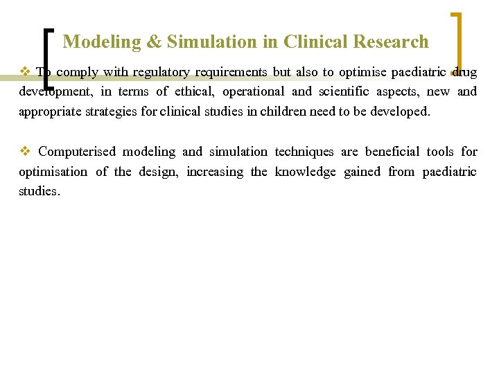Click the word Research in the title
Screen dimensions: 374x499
[x=391, y=42]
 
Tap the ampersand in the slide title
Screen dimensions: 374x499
[x=152, y=42]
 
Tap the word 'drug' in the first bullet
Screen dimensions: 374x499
[x=464, y=72]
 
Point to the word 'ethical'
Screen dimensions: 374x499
[x=193, y=91]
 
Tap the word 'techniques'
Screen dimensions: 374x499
[x=304, y=152]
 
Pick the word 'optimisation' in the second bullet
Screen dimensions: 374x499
[x=53, y=172]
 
